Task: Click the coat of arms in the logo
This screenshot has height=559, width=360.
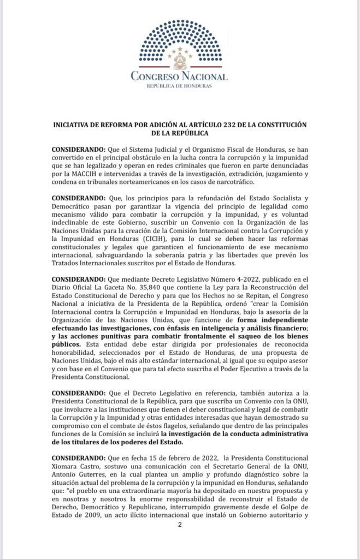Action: point(180,57)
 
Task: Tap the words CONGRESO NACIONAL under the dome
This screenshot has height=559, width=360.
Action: point(180,76)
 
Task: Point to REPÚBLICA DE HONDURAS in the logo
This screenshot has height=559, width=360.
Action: point(180,86)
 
